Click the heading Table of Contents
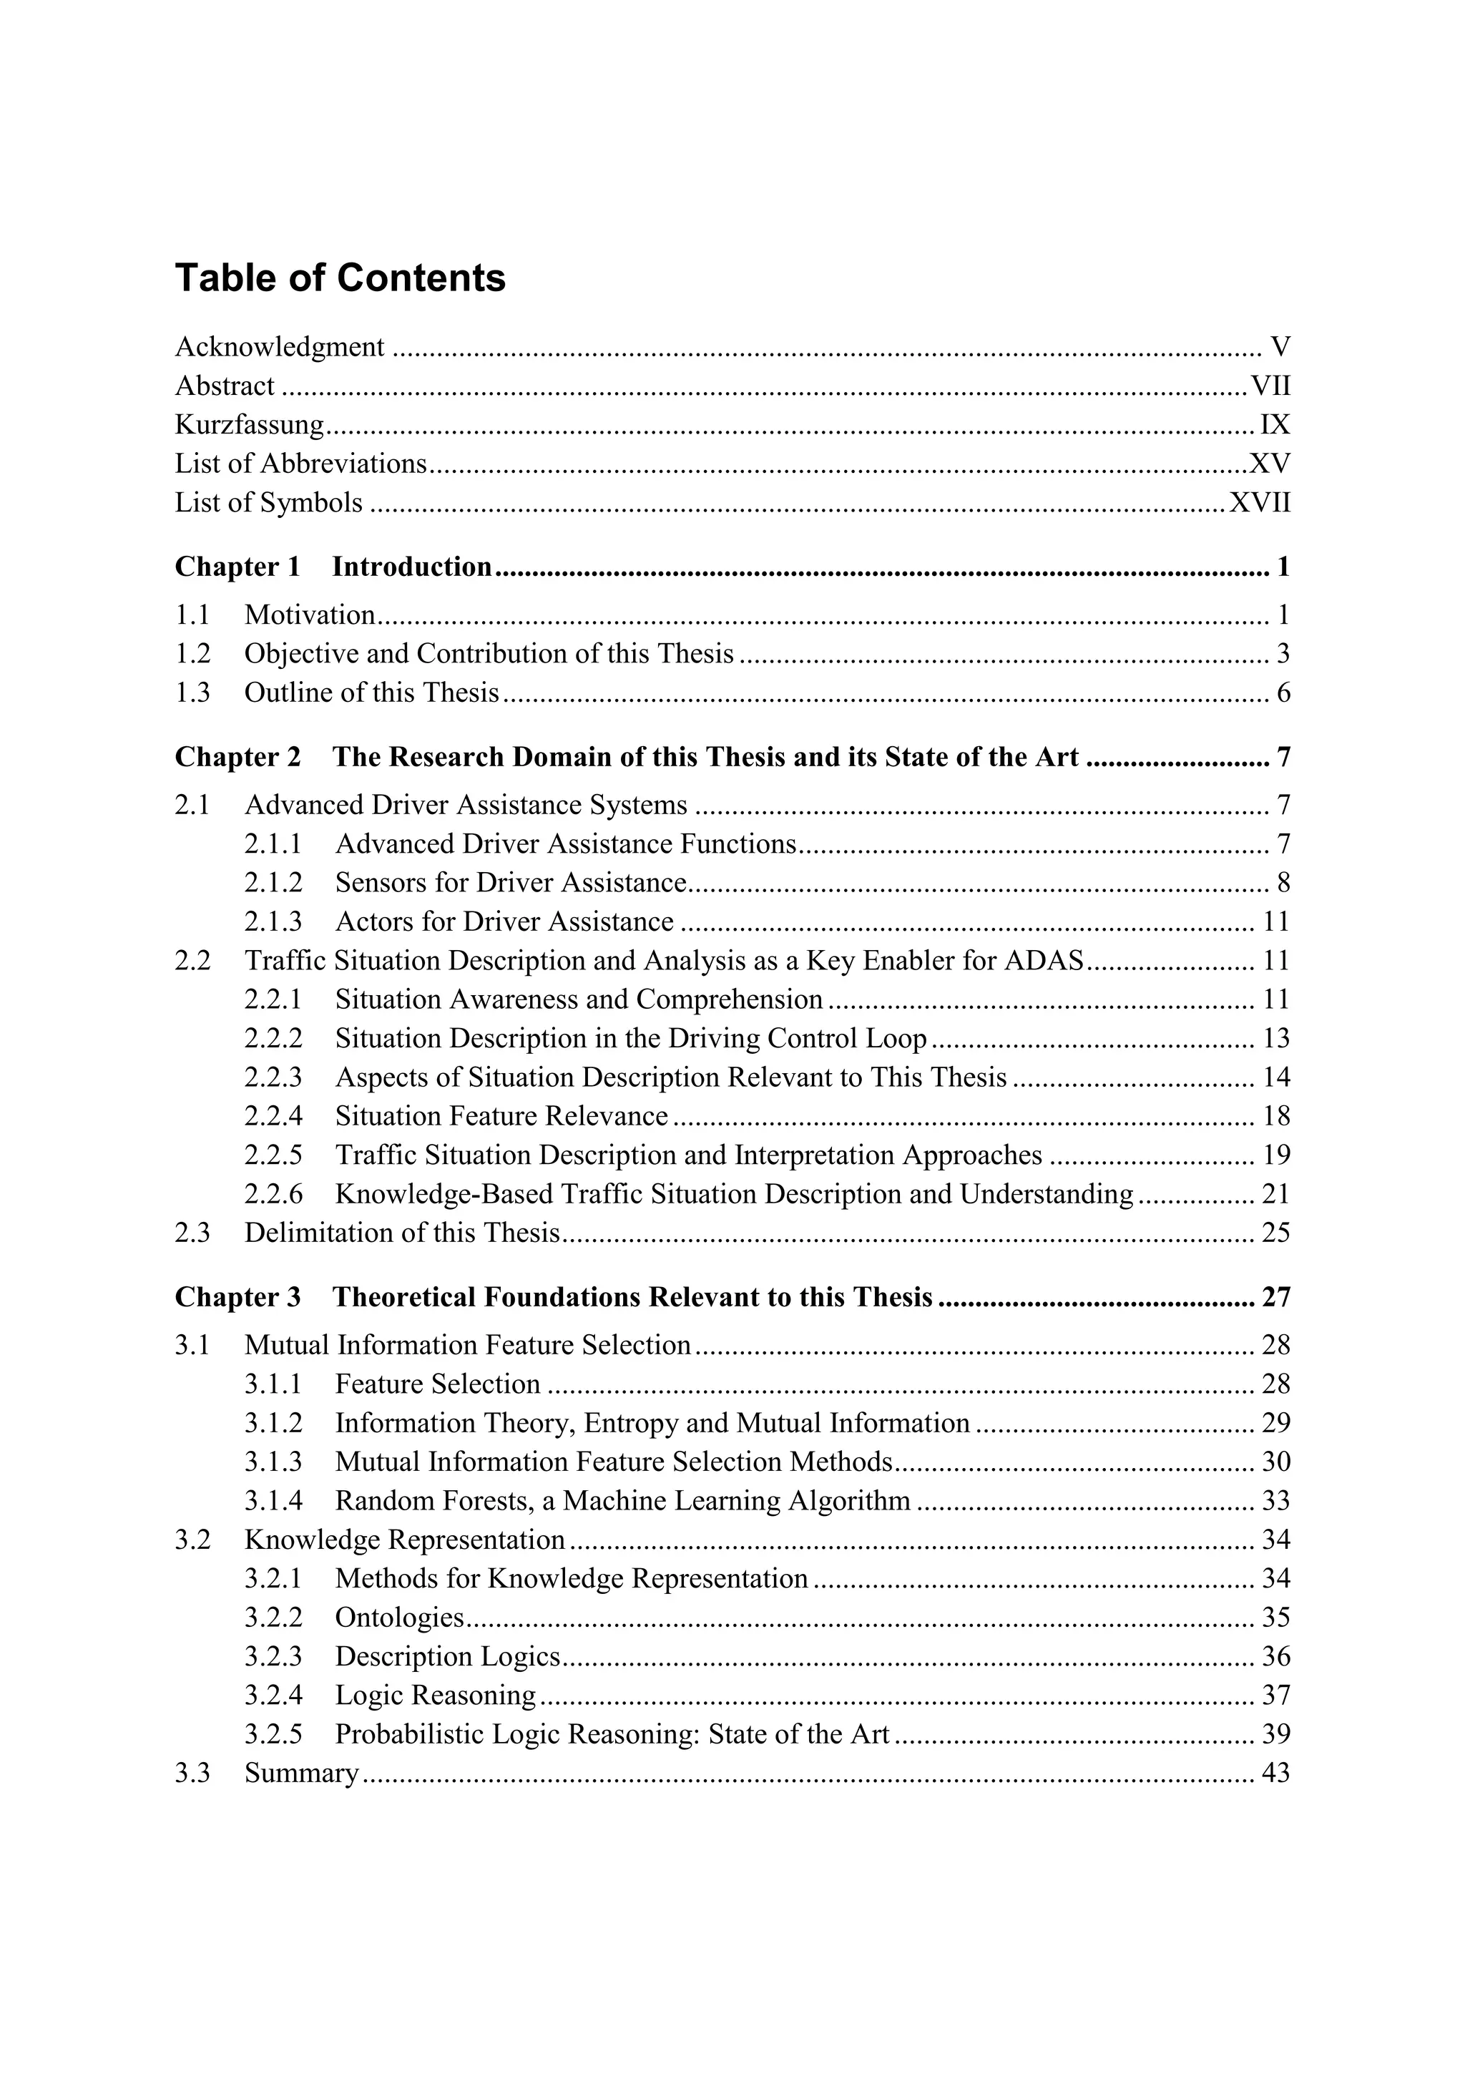coord(340,278)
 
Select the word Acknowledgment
coord(279,347)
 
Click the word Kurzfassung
coord(249,425)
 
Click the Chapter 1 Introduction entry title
coord(411,567)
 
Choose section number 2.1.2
coord(273,882)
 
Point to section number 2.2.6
coord(273,1193)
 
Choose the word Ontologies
coord(399,1618)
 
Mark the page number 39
coord(1275,1734)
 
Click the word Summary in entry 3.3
coord(301,1773)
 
